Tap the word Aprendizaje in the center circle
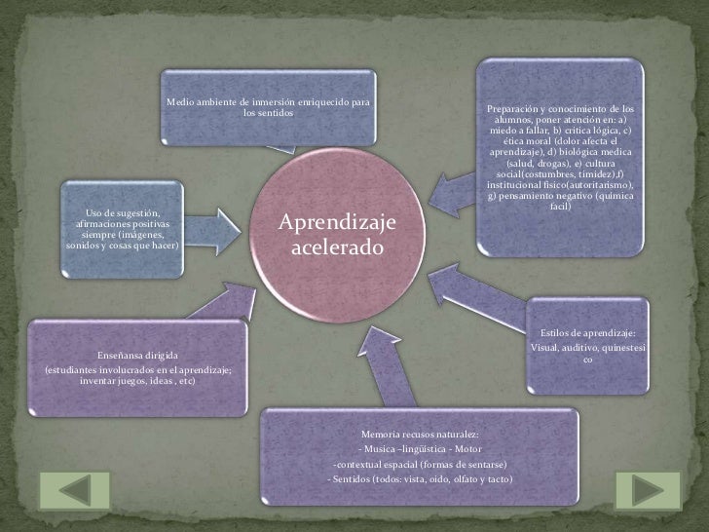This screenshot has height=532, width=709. (337, 224)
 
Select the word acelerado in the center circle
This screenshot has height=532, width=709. (337, 249)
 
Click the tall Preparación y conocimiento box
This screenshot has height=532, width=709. (560, 156)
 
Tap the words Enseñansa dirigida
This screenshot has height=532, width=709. (136, 357)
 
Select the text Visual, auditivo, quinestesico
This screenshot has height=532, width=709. (586, 355)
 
